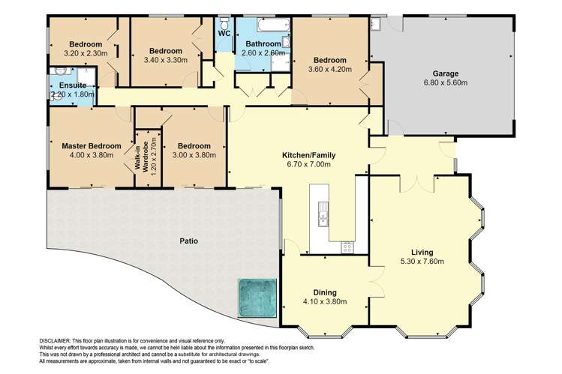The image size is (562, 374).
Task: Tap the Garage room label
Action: pos(445,73)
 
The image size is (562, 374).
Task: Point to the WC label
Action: pos(224,34)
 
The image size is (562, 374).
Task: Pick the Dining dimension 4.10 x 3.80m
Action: pos(324,301)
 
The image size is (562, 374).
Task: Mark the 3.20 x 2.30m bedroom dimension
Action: pos(85,53)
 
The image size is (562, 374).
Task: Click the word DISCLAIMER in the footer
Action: pos(55,340)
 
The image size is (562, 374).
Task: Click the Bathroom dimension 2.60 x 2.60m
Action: pos(263,53)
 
